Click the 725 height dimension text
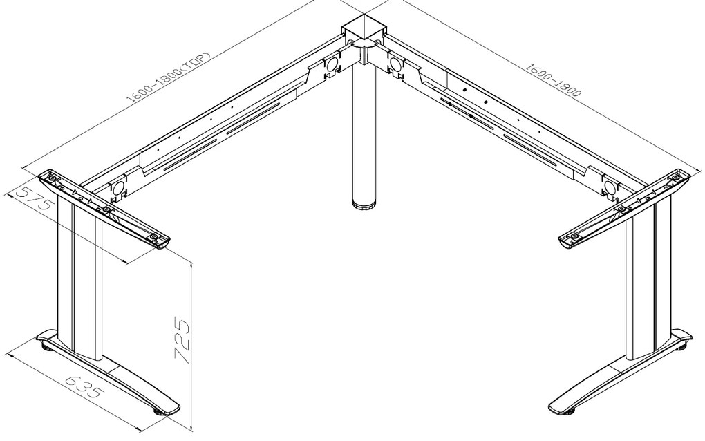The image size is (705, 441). point(182,341)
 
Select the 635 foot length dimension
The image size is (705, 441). point(85,386)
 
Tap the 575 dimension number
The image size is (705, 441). point(32,198)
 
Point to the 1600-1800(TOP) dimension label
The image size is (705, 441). point(168,77)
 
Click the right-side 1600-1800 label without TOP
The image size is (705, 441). point(553,79)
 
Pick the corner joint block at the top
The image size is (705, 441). point(364,32)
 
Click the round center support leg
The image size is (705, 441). point(364,131)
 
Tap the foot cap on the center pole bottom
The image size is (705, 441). point(364,207)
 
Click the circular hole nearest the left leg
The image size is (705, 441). point(118,187)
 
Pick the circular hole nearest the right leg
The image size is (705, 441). point(610,187)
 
